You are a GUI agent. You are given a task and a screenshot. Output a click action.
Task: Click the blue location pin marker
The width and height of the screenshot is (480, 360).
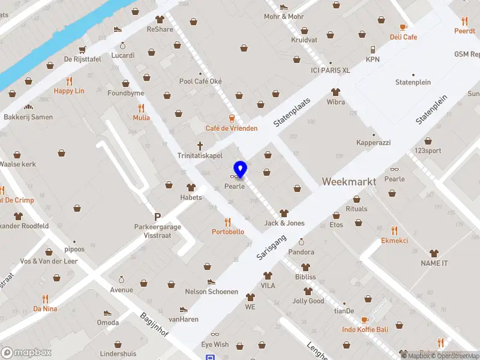click(240, 169)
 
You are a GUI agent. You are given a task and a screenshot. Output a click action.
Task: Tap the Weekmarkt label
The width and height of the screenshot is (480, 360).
click(349, 181)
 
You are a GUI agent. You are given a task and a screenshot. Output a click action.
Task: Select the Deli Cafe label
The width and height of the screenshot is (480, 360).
click(403, 37)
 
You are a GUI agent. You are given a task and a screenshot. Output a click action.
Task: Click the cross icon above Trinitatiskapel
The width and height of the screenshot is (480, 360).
click(200, 145)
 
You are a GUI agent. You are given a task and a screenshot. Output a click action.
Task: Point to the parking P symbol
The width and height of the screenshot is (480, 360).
click(157, 217)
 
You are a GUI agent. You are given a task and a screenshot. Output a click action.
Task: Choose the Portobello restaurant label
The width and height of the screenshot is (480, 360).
click(228, 232)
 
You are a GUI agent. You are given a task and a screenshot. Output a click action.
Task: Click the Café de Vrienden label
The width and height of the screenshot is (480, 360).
click(232, 128)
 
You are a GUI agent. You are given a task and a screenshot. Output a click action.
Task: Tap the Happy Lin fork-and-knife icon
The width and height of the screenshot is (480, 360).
click(69, 81)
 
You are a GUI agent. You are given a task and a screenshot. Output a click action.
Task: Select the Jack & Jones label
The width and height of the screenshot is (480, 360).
click(284, 223)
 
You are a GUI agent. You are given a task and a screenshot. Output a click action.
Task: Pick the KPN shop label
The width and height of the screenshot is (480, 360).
click(373, 59)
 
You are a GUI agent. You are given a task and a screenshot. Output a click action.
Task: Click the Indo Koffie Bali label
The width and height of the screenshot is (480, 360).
click(365, 329)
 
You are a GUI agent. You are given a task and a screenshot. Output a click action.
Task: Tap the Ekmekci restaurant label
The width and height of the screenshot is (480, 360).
click(394, 241)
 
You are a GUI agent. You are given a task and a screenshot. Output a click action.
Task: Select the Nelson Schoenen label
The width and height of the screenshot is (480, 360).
click(211, 292)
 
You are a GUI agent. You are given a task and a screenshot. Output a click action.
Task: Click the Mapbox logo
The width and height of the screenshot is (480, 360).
click(26, 352)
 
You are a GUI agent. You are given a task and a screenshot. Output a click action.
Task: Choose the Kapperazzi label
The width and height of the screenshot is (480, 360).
click(373, 143)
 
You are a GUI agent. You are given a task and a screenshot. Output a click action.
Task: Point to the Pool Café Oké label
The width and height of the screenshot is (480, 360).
click(200, 82)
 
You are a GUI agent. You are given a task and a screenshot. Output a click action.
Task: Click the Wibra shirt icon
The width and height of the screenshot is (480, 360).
click(335, 92)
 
